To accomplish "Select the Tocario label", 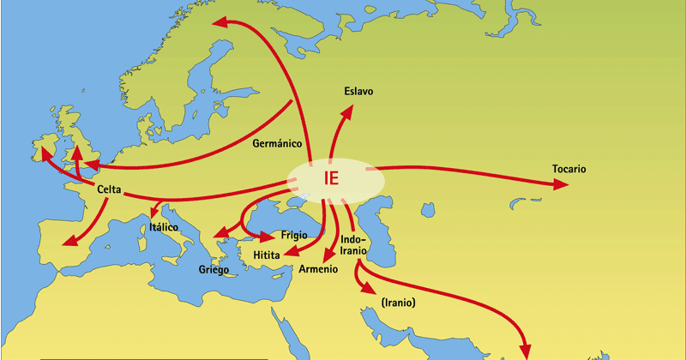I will pos(569,169).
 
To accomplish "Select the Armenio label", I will pos(319,269).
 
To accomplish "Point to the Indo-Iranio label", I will pos(353,244).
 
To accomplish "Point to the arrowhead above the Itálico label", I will pos(155,211).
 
